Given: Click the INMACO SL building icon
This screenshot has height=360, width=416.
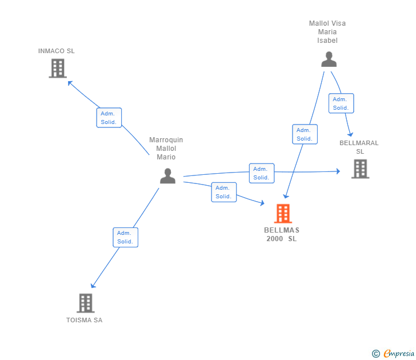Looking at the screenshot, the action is click(x=58, y=68).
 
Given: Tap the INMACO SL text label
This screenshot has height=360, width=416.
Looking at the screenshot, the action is click(x=56, y=51).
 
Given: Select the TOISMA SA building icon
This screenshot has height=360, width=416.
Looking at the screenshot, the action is click(x=86, y=303).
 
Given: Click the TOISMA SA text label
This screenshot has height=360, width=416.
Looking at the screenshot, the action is click(x=85, y=320).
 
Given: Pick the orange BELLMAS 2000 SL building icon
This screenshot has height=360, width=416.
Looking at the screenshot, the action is click(x=283, y=213).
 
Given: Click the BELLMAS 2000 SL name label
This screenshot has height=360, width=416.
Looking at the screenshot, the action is click(x=282, y=234).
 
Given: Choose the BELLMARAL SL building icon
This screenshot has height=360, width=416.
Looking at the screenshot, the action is click(x=360, y=169).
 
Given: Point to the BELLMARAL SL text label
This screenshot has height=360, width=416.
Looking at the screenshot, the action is click(x=359, y=147).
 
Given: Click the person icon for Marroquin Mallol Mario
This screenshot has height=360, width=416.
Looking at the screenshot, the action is click(x=167, y=176).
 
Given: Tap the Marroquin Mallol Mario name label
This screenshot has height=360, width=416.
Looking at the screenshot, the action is click(x=166, y=149).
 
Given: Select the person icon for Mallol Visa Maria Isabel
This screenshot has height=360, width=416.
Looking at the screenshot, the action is click(x=329, y=59).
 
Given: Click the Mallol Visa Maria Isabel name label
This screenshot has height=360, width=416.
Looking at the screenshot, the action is click(x=327, y=32).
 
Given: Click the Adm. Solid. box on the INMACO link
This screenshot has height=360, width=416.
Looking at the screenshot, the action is click(x=109, y=118).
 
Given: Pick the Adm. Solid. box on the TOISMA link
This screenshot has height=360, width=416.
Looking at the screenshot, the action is click(x=126, y=238).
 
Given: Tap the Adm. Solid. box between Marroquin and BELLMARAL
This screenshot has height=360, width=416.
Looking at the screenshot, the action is click(x=262, y=173).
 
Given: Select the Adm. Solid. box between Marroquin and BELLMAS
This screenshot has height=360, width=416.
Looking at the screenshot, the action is click(x=224, y=192).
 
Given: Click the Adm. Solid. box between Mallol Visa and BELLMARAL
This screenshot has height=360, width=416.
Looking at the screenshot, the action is click(x=341, y=103).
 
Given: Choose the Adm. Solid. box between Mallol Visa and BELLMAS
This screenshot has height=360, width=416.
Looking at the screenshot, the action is click(x=305, y=134).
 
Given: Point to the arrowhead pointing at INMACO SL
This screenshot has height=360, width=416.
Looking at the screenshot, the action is click(x=70, y=83).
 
